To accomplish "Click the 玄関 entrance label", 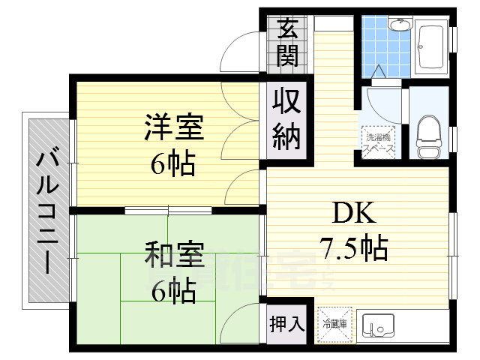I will click(286, 41).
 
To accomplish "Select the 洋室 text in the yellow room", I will click(173, 128).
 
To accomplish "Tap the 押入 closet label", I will click(286, 324).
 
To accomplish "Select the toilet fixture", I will click(428, 135).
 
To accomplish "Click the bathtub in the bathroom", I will click(430, 49).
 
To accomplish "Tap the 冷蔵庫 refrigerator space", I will click(334, 324).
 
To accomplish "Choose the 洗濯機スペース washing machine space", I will click(379, 142).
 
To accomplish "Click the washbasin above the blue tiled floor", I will click(400, 25).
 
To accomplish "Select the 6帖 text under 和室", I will click(173, 290).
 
